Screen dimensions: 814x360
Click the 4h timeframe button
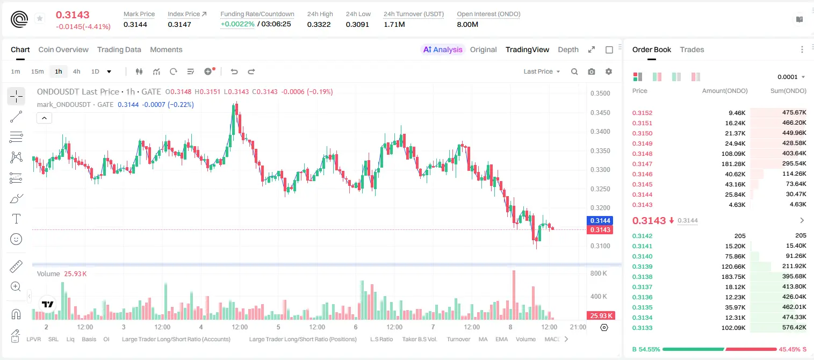click(x=76, y=71)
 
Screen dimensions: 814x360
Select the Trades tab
click(x=692, y=49)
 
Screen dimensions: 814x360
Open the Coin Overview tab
click(x=63, y=49)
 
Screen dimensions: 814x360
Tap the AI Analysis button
click(x=443, y=49)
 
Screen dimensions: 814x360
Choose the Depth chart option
click(x=568, y=49)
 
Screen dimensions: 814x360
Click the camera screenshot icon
click(x=592, y=71)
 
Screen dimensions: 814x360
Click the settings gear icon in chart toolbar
click(x=609, y=71)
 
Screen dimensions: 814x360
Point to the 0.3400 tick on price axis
click(x=600, y=132)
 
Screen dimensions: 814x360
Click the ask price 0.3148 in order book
click(x=642, y=154)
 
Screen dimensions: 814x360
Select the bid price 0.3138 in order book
click(x=642, y=277)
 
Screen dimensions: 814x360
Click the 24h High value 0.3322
click(x=319, y=24)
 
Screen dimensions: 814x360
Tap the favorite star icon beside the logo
click(x=40, y=18)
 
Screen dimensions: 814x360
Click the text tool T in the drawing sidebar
click(x=16, y=219)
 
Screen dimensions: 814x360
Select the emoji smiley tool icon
click(x=16, y=239)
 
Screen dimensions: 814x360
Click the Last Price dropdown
click(x=542, y=71)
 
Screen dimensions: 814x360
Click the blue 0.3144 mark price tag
click(x=600, y=220)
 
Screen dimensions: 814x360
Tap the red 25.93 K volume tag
click(x=600, y=316)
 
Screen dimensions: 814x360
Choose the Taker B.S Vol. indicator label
click(x=419, y=339)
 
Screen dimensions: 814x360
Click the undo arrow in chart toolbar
click(x=234, y=71)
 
